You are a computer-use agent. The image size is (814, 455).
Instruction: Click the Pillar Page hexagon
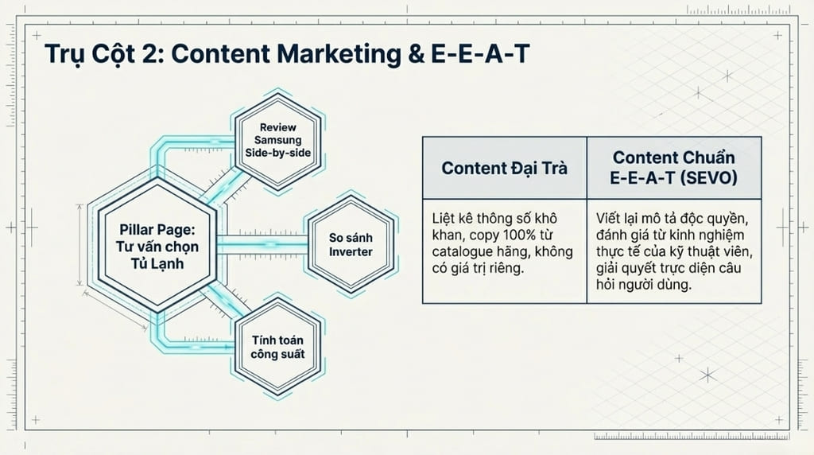[157, 245]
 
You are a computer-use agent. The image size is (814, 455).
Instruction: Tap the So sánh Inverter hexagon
[351, 245]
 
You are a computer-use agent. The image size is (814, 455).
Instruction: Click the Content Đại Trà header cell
[505, 168]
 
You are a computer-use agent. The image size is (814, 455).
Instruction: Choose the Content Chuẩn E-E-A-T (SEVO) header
[673, 168]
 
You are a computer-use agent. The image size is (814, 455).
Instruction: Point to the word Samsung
[278, 140]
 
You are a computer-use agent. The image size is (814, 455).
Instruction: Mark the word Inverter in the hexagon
[351, 252]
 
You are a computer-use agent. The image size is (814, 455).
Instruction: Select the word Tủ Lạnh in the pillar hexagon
[157, 262]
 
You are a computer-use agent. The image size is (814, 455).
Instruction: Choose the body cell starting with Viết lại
[673, 251]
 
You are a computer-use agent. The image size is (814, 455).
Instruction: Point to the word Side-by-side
[278, 153]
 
